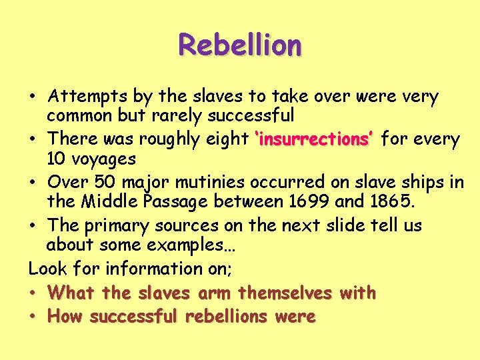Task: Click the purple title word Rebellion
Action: (239, 45)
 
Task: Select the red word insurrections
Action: (313, 140)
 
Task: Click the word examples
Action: (192, 245)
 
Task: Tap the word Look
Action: (48, 269)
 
